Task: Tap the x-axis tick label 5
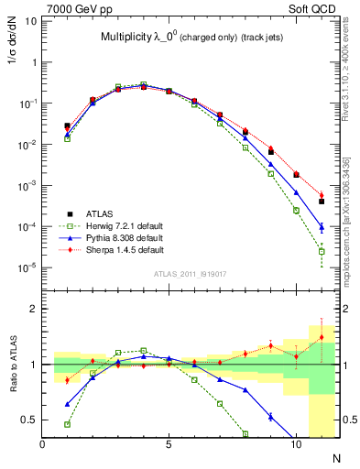pyautogui.click(x=169, y=443)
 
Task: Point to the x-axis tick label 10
pyautogui.click(x=294, y=443)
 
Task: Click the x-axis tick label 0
pyautogui.click(x=43, y=443)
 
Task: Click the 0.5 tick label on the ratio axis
pyautogui.click(x=29, y=420)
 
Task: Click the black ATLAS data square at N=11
pyautogui.click(x=322, y=202)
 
